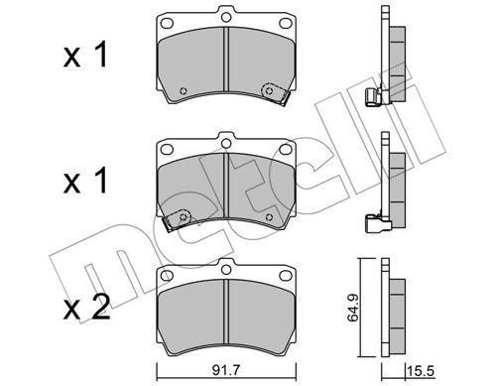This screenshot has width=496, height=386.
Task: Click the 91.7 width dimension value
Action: (225, 371)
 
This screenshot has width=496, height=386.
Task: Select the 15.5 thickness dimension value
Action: (421, 371)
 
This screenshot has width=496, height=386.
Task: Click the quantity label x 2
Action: (86, 308)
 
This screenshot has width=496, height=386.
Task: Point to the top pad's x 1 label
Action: (85, 55)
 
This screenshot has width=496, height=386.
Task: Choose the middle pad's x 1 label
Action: (85, 180)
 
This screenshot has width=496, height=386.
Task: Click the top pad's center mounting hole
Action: (226, 16)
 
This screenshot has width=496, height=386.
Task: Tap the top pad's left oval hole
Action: (167, 23)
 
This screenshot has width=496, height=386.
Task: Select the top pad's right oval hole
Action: (286, 23)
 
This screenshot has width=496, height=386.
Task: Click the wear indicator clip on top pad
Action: (274, 93)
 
